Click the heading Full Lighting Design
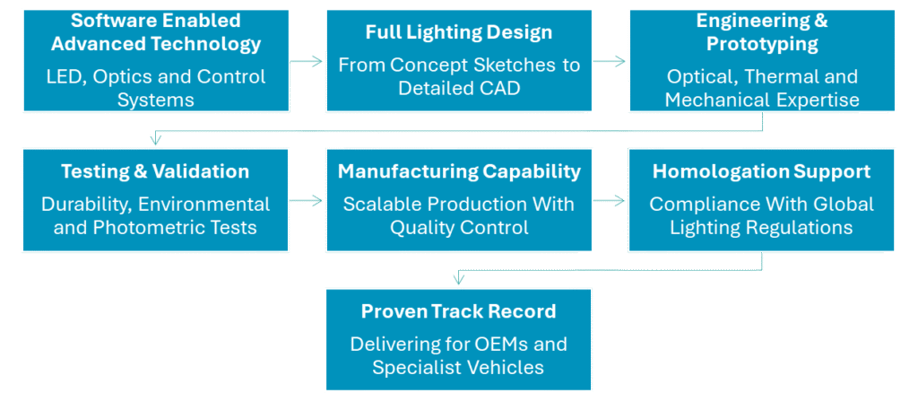(458, 32)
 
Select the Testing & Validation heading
(155, 171)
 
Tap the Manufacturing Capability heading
(458, 171)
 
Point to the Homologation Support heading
(761, 171)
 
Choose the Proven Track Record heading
(458, 311)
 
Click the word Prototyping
(761, 43)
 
